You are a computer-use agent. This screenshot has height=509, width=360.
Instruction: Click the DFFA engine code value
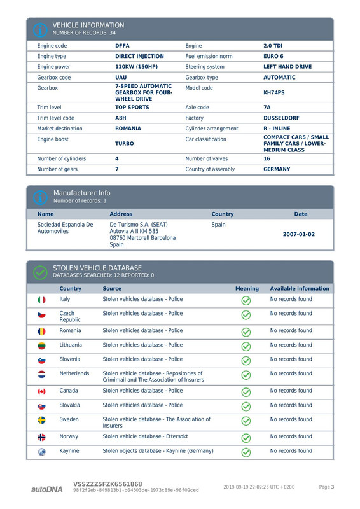pos(122,46)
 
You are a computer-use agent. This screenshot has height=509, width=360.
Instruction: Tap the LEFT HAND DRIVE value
pos(287,66)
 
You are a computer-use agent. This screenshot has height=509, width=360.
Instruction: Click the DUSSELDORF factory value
pos(281,118)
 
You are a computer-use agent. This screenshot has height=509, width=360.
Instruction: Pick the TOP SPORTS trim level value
pos(132,108)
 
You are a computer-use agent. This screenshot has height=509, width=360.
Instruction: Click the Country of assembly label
pos(210,169)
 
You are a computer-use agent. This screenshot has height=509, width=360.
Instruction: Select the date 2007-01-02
pos(298,234)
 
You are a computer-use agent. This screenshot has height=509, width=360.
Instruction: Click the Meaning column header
pos(247,288)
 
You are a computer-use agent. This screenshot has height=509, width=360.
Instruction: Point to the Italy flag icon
pos(42,300)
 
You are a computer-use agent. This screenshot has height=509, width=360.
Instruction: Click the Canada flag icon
pos(42,391)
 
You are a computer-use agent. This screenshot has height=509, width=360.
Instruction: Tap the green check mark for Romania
pos(246,332)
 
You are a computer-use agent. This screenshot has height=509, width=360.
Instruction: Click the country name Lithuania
pos(71,345)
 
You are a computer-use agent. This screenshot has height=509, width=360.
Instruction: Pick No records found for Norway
pos(291,436)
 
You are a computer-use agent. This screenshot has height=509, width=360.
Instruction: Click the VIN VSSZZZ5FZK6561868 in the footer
pos(107,484)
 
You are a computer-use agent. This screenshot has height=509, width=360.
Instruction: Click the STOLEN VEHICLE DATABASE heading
pos(97,268)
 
